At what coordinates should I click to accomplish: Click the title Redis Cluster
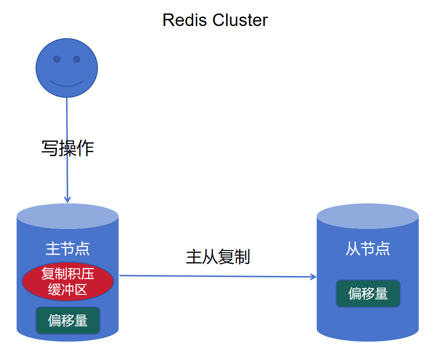pos(215,20)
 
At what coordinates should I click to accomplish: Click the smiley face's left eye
pos(57,59)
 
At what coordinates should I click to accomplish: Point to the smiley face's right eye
pos(76,59)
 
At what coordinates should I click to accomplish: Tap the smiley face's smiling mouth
pos(66,83)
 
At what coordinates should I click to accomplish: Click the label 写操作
pos(67,148)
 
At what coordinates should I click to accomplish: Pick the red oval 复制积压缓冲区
pos(67,281)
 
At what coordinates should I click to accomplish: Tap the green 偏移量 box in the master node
pos(67,320)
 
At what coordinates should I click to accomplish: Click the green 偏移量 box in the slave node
pos(368,294)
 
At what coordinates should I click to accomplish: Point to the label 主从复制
pos(217,257)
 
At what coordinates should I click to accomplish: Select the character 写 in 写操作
pos(50,148)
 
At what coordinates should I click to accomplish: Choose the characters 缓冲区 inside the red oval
pos(67,290)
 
